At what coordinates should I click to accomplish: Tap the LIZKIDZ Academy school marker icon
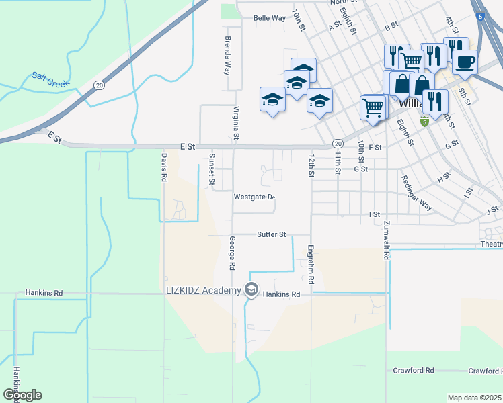(x=251, y=290)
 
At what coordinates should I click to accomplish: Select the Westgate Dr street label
(x=254, y=197)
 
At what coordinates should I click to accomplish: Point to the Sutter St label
(x=272, y=234)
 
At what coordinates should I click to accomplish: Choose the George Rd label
(x=232, y=253)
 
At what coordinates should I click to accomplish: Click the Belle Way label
(x=269, y=18)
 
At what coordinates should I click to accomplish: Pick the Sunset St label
(x=211, y=169)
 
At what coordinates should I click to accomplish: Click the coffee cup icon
(x=464, y=62)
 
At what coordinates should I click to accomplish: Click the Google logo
(x=22, y=395)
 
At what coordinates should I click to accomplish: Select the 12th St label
(x=311, y=165)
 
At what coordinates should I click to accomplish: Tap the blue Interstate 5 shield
(x=478, y=16)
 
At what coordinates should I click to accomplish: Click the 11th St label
(x=338, y=162)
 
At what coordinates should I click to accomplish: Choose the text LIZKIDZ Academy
(x=203, y=290)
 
